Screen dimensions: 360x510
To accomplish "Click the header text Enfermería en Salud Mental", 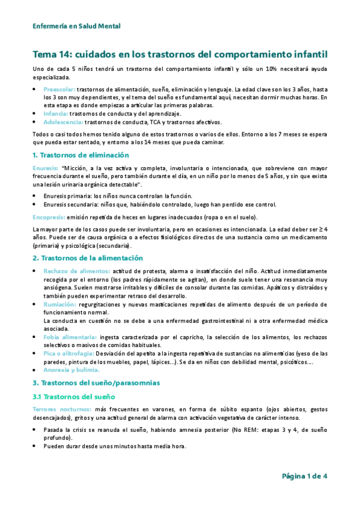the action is (76, 26).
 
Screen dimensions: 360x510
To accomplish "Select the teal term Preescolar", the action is (59, 89).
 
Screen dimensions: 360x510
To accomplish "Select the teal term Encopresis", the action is (49, 217).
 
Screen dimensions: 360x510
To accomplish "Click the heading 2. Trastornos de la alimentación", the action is (88, 257).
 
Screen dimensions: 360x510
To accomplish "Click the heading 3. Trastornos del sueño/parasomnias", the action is (96, 382).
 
